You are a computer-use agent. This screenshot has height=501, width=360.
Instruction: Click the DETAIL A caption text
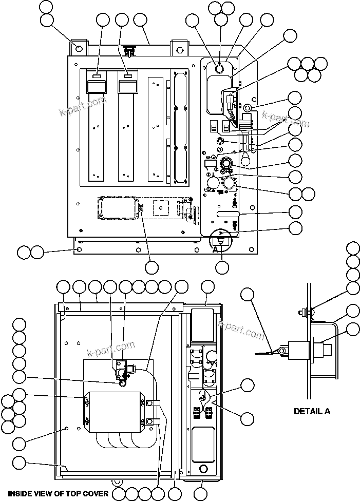[x=312, y=411]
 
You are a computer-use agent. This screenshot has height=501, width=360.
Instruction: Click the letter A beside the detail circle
[x=216, y=249]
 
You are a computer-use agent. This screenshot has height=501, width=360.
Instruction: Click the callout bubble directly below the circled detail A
[x=222, y=267]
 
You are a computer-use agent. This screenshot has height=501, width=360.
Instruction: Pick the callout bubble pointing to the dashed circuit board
[x=151, y=267]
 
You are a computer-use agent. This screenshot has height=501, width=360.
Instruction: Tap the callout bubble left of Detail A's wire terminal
[x=248, y=294]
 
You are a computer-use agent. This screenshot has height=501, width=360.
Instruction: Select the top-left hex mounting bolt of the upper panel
[x=79, y=48]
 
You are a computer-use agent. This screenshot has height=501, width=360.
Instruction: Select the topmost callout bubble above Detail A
[x=353, y=248]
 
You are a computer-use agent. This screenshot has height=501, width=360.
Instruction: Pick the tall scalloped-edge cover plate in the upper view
[x=178, y=126]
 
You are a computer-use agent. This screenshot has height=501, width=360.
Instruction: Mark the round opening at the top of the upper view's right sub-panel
[x=219, y=69]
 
